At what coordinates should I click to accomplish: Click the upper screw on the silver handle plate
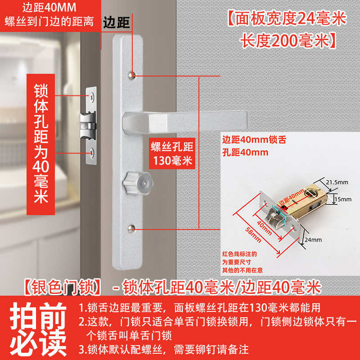tap(131, 75)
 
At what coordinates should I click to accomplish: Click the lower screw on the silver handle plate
tap(131, 229)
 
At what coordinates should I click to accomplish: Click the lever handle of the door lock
tap(185, 122)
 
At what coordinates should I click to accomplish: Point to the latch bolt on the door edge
tap(88, 126)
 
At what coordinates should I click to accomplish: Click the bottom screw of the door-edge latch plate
tap(92, 152)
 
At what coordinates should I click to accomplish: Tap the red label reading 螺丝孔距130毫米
tap(172, 153)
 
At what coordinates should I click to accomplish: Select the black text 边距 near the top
tap(117, 22)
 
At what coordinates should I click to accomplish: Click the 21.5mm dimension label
tap(337, 182)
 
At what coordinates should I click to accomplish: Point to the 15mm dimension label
tap(343, 199)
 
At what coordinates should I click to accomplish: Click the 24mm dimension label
tap(313, 240)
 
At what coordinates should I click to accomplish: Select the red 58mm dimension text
tap(253, 234)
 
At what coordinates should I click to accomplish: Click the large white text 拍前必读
tap(38, 329)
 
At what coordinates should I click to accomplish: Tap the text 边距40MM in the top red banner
tap(49, 7)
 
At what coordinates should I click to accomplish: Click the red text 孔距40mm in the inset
tap(245, 152)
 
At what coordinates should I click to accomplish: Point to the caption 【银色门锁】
tap(63, 287)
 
